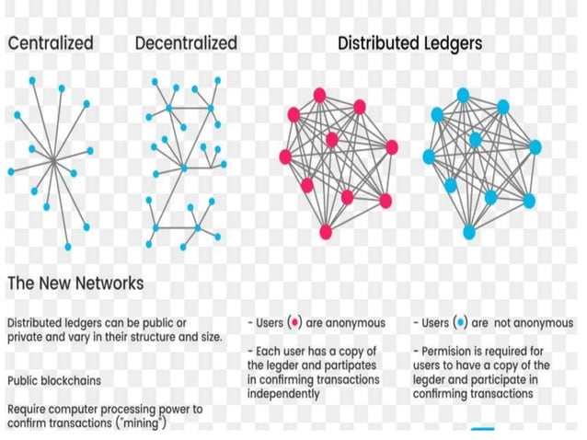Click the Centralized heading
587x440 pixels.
point(51,43)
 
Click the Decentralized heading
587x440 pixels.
point(186,43)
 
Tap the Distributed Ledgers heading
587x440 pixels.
point(409,43)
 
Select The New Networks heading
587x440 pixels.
point(75,283)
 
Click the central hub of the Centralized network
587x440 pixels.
point(54,162)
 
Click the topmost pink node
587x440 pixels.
point(320,95)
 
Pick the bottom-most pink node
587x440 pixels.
point(326,230)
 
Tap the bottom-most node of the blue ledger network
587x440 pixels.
point(469,231)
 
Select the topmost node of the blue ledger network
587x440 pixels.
point(463,95)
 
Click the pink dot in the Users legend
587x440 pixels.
point(294,323)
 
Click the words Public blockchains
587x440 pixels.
point(54,380)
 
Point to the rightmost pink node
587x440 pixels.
point(392,147)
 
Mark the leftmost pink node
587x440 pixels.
point(286,156)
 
